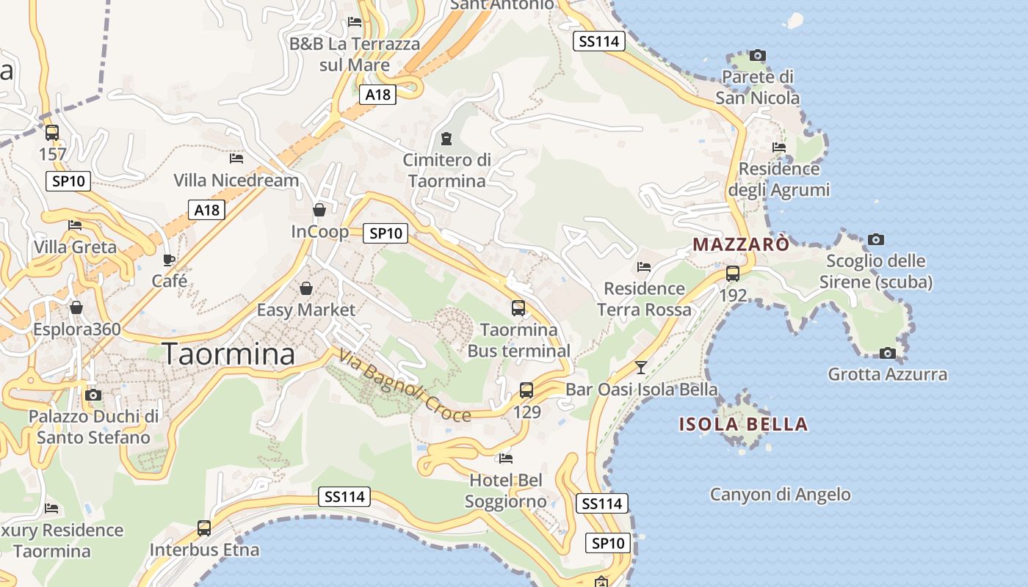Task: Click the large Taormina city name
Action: pyautogui.click(x=228, y=354)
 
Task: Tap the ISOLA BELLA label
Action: pyautogui.click(x=743, y=424)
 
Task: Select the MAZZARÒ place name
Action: pyautogui.click(x=741, y=244)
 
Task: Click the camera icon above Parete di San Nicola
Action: pyautogui.click(x=758, y=55)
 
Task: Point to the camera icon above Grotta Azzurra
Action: pyautogui.click(x=888, y=353)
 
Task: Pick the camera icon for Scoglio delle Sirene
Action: pyautogui.click(x=876, y=239)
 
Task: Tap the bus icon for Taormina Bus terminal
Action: pyautogui.click(x=518, y=308)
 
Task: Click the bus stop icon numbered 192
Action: pyautogui.click(x=733, y=274)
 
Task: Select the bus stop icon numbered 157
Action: pyautogui.click(x=52, y=133)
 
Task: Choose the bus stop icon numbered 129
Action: pyautogui.click(x=526, y=390)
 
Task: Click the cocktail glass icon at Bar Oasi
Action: pyautogui.click(x=641, y=367)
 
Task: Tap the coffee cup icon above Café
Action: pyautogui.click(x=169, y=260)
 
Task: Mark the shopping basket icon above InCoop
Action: pyautogui.click(x=319, y=210)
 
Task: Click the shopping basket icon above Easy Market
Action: pyautogui.click(x=305, y=288)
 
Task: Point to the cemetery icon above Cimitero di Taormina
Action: pyautogui.click(x=446, y=138)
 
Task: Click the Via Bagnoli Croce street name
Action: pyautogui.click(x=404, y=387)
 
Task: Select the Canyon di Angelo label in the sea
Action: pyautogui.click(x=780, y=495)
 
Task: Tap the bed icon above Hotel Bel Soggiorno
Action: pyautogui.click(x=505, y=459)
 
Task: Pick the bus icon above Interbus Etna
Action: pyautogui.click(x=204, y=528)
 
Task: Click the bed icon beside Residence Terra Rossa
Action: pyautogui.click(x=644, y=267)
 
